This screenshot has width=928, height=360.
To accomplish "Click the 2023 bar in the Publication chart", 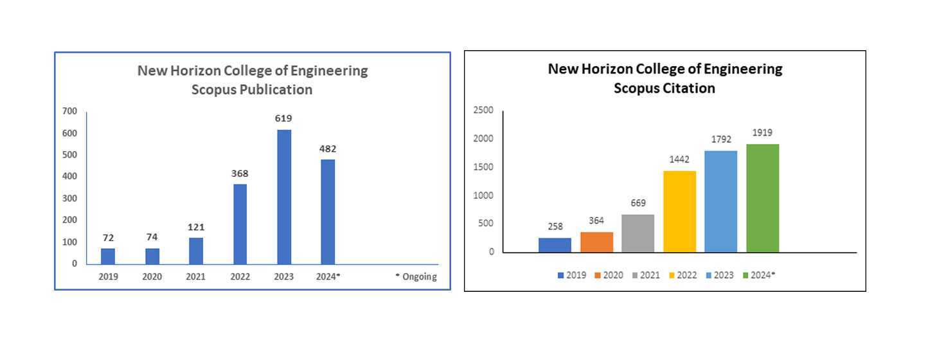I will tap(283, 197).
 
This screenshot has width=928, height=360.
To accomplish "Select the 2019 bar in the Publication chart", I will tap(108, 256).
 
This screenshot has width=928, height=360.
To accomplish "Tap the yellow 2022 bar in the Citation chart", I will tap(679, 211).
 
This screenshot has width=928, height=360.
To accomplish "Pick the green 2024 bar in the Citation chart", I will tap(762, 197).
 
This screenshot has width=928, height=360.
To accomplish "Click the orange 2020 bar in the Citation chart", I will tap(596, 242).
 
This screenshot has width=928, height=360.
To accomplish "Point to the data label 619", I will tap(283, 119).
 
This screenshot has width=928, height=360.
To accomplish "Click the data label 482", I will tap(328, 148).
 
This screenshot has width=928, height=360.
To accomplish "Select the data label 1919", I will tap(762, 133).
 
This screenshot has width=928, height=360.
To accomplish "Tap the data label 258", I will tap(555, 228).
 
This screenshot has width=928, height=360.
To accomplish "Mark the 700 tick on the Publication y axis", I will tap(69, 111).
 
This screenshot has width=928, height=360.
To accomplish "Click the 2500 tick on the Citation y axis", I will tap(483, 111).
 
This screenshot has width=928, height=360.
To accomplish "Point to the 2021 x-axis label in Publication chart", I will tap(196, 277).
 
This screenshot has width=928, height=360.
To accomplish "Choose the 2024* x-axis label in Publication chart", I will tap(328, 277).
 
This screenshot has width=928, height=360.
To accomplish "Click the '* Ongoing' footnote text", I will tap(416, 277).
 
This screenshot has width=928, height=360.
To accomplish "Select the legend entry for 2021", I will tap(645, 275).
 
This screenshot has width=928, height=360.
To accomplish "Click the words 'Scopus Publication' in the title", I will tap(252, 89).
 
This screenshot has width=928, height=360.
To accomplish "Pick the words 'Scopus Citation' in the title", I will tap(665, 88).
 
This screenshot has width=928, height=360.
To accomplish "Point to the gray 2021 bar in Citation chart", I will tap(638, 233).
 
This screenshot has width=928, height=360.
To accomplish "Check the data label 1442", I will tap(679, 160).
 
